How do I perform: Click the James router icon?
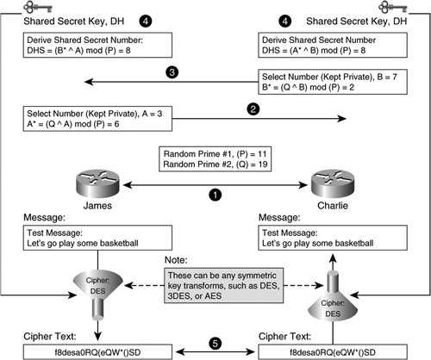[97, 183]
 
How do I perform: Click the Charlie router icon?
[333, 183]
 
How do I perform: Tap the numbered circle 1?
[215, 195]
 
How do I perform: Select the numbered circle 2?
[253, 109]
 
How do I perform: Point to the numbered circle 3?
[172, 72]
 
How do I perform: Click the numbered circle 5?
[215, 344]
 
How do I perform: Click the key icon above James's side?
[38, 7]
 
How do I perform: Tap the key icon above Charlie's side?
[393, 7]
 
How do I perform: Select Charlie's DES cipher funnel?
[333, 300]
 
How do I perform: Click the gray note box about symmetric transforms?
[224, 286]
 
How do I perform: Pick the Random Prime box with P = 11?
[215, 159]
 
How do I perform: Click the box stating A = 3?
[97, 119]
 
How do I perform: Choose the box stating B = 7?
[333, 82]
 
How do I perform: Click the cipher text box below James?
[97, 352]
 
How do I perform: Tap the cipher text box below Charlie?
[333, 352]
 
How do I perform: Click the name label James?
[97, 206]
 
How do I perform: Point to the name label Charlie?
[333, 206]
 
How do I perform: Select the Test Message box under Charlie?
[333, 238]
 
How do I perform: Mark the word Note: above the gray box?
[176, 260]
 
